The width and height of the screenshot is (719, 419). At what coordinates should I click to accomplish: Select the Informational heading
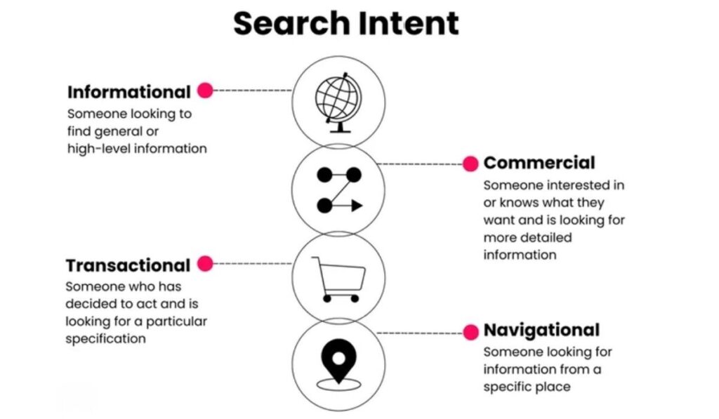tap(128, 92)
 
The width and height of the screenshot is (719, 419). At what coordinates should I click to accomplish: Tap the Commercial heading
tap(539, 163)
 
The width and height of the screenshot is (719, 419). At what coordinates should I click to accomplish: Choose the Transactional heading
tap(128, 265)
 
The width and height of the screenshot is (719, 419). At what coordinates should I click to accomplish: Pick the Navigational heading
tap(541, 330)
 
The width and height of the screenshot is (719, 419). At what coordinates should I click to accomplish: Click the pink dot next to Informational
tap(205, 91)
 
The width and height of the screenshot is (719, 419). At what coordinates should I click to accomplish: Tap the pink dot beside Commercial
tap(470, 164)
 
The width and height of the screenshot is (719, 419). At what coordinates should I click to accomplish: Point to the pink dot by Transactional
tap(205, 264)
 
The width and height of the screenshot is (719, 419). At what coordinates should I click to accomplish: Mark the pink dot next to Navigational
tap(470, 331)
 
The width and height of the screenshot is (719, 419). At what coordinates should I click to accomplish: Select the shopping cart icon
tap(338, 279)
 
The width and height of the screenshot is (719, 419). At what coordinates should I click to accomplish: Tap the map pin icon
tap(338, 362)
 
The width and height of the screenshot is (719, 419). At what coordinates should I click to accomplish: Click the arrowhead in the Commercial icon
tap(357, 206)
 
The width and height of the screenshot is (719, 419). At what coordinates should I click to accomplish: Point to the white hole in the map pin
tap(338, 357)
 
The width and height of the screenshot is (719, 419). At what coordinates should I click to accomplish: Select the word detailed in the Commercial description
tap(544, 237)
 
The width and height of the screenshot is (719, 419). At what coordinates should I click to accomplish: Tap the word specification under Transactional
tap(106, 338)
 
